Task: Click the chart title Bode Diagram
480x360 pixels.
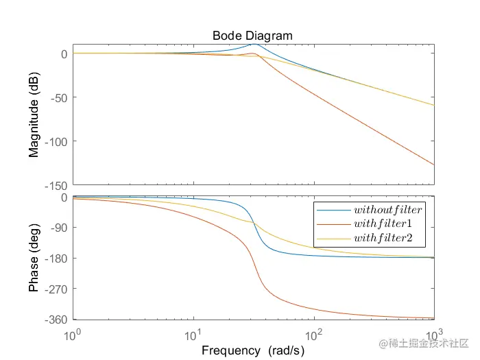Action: point(252,36)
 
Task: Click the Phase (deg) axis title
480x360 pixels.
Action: point(34,259)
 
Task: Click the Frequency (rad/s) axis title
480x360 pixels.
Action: point(252,350)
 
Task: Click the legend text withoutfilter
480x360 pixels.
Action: point(387,208)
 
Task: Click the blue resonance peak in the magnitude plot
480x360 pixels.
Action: point(254,44)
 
